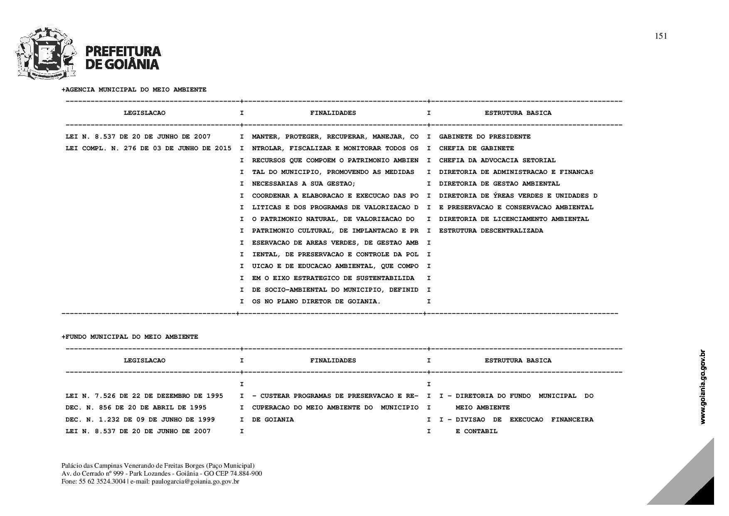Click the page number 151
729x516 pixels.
click(660, 36)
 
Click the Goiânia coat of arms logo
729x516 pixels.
click(46, 53)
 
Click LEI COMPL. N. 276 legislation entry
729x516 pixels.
click(148, 149)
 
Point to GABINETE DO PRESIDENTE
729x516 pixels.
click(485, 137)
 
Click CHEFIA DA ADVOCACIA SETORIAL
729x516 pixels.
click(497, 160)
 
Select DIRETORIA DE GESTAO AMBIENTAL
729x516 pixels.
click(499, 184)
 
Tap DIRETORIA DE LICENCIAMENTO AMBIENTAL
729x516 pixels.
click(514, 219)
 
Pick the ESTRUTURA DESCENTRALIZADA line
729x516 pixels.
click(491, 231)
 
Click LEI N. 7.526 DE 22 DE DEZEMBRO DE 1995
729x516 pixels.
click(144, 396)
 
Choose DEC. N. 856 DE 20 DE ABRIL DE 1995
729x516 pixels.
click(136, 407)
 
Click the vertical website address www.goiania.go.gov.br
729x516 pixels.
click(703, 387)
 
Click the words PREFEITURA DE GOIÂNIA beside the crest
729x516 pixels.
click(123, 57)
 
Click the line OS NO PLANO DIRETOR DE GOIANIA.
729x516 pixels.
click(316, 301)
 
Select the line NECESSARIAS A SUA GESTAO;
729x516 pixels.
click(303, 184)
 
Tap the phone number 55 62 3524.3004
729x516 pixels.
click(102, 481)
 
